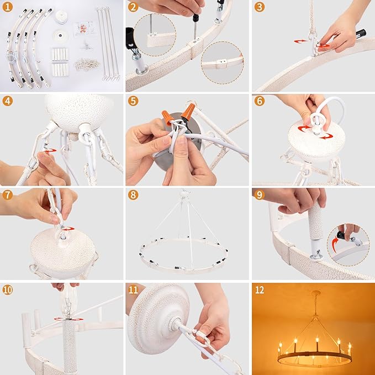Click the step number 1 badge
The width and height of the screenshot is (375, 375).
pos(7,7)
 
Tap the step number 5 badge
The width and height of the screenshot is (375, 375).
pos(133,101)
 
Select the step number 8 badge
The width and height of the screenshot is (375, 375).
pos(133,195)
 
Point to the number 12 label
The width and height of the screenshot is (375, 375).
pos(260,290)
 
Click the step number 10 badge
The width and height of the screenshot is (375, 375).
pos(7,290)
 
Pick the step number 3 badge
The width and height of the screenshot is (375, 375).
pos(259,7)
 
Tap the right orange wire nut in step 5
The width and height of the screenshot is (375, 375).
pos(188,111)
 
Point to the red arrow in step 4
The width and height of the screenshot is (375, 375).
pos(50,150)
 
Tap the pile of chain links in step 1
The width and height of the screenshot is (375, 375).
pos(87,64)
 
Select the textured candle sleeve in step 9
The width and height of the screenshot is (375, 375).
pos(315,220)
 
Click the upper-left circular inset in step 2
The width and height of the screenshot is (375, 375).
pos(155,35)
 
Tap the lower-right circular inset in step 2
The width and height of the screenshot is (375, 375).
pos(222,62)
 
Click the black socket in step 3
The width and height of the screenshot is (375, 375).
pos(361,34)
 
